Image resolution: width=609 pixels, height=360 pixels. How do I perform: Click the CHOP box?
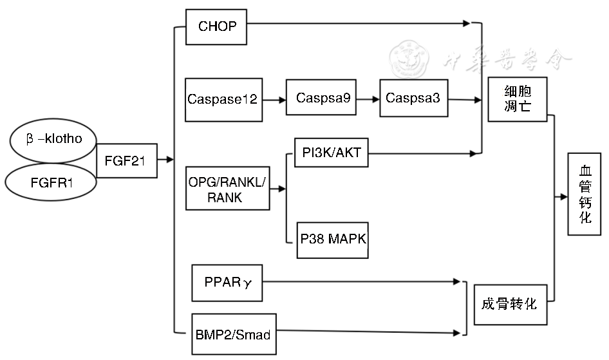click(217, 27)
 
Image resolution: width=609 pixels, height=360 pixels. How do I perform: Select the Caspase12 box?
click(223, 100)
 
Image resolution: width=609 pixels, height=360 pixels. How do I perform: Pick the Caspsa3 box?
click(413, 98)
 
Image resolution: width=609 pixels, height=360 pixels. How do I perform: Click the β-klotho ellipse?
click(54, 139)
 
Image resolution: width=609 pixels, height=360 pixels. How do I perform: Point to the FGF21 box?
click(126, 162)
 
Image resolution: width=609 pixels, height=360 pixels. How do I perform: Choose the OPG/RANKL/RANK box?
click(227, 189)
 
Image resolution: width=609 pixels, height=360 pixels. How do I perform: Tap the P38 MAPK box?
click(333, 240)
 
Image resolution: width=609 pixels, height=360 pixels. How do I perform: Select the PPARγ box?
click(227, 282)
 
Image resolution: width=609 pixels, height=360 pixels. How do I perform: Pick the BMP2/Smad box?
click(232, 334)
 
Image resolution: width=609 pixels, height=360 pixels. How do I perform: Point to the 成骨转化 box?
click(509, 304)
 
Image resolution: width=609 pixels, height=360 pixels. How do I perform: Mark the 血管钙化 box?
click(585, 194)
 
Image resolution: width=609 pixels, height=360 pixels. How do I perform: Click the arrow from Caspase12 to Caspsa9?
click(274, 100)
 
